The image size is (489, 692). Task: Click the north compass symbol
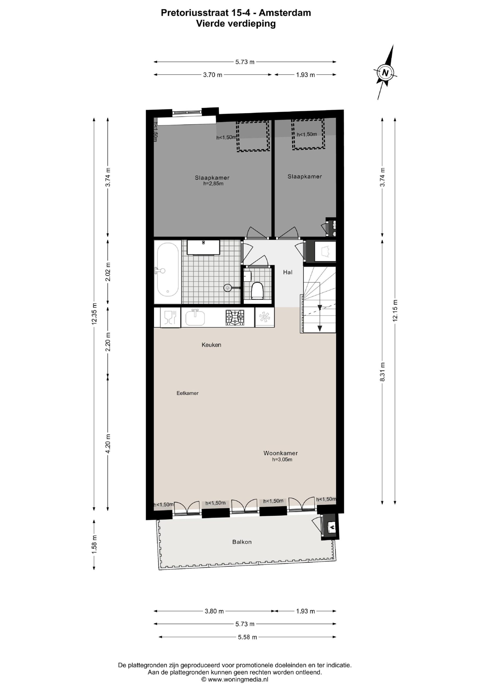click(x=385, y=72)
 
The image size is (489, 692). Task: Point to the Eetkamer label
click(x=187, y=393)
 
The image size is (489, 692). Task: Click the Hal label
click(x=288, y=272)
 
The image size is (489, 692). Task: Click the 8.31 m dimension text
click(x=382, y=372)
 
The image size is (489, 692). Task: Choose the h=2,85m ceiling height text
click(x=213, y=184)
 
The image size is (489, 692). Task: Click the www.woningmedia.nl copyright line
click(x=235, y=679)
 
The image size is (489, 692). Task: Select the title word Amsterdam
click(x=285, y=13)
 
